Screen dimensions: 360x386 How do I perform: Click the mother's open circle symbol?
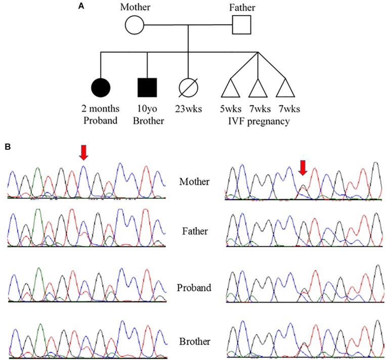tap(135, 24)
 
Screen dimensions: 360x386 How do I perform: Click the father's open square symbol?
tap(242, 24)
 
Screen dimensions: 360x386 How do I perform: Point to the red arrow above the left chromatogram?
tap(84, 152)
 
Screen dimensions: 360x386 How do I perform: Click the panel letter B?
tap(8, 147)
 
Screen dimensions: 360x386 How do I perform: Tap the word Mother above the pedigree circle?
tap(136, 7)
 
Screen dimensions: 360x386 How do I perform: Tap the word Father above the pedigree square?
tap(242, 7)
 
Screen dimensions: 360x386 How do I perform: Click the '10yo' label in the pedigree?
tap(147, 108)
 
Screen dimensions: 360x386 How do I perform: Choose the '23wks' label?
tap(188, 108)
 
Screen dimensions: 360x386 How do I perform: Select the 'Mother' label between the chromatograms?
tap(194, 182)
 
